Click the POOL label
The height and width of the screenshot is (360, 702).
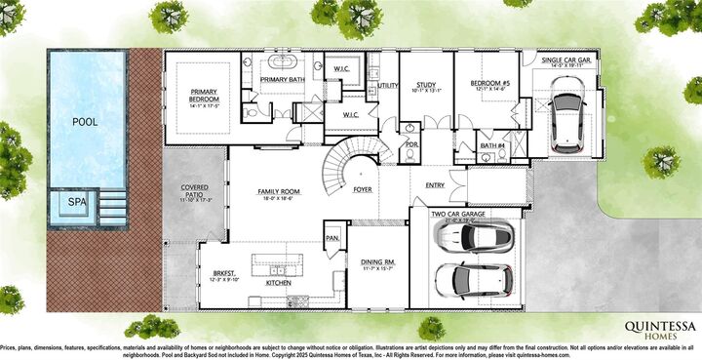pos(86,122)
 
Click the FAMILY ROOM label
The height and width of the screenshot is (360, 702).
pos(277,192)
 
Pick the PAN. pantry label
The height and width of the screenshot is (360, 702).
pos(331,237)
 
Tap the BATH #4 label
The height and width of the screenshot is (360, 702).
pos(491,145)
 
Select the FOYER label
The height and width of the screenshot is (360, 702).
pos(363,189)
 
